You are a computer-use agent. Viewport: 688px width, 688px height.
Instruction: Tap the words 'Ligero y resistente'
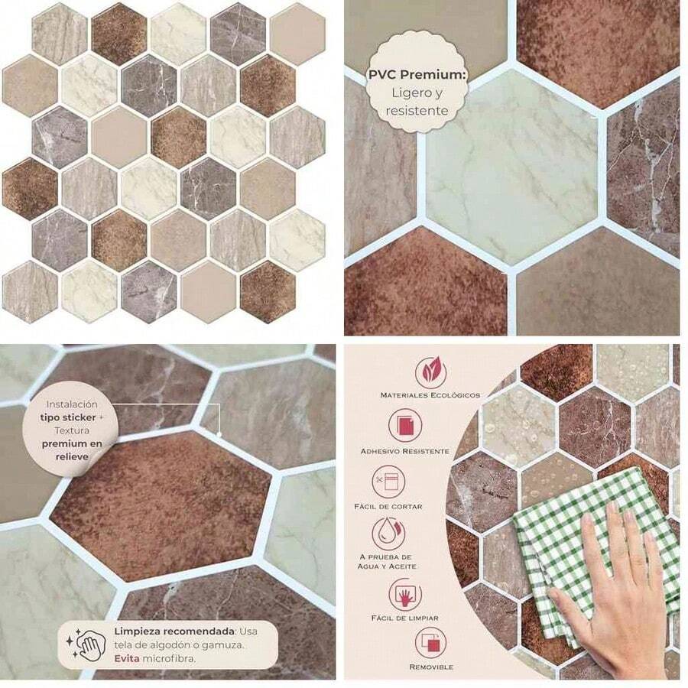[417, 101]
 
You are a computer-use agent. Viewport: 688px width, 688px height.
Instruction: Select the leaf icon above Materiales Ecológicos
[431, 372]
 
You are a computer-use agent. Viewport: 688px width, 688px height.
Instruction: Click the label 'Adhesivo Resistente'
[404, 451]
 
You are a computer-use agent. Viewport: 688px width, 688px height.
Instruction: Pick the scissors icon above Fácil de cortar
[388, 482]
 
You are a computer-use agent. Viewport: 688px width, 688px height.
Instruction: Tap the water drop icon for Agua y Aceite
[388, 535]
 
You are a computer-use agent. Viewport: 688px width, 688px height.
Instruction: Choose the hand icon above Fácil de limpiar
[404, 594]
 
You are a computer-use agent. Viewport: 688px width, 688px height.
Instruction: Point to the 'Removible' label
[431, 667]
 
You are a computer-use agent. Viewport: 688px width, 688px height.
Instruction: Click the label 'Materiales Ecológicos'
[430, 395]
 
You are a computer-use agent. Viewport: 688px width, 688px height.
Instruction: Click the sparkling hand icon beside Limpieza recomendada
[89, 644]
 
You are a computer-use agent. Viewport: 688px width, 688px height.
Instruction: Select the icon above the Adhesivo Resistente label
[404, 426]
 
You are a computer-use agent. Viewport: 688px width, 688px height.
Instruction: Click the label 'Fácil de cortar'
[388, 507]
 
